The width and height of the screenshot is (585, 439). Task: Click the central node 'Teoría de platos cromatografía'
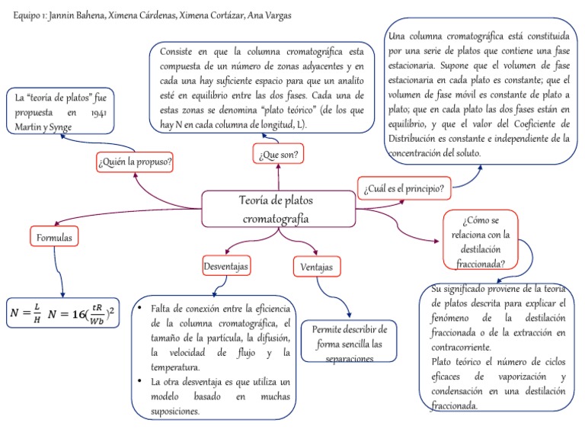[279, 209]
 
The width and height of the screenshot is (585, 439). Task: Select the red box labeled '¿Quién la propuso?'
[135, 162]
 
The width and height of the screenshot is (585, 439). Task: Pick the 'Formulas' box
[55, 238]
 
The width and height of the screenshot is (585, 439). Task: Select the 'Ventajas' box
[317, 267]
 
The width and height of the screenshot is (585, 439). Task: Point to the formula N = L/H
[26, 313]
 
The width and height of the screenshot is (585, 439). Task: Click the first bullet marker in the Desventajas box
[140, 307]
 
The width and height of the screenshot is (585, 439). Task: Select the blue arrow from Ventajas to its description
[339, 297]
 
